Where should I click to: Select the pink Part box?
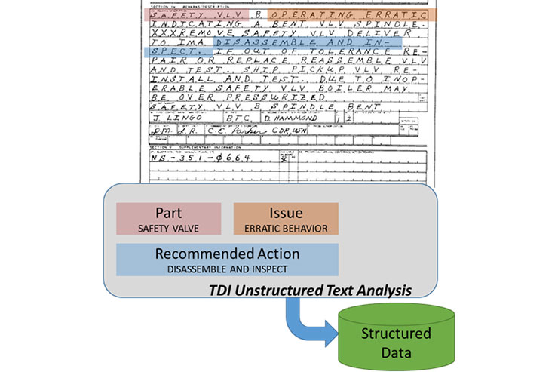pos(168,219)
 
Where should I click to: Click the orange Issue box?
pos(286,219)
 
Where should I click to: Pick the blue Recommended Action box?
pos(227,260)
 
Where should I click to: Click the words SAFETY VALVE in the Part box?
pos(168,226)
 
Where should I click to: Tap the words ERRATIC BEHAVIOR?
pos(286,227)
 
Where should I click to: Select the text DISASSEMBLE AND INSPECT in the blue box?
pos(227,268)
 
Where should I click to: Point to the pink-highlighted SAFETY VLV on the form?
pos(195,14)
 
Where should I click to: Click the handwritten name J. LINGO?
pos(169,118)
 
